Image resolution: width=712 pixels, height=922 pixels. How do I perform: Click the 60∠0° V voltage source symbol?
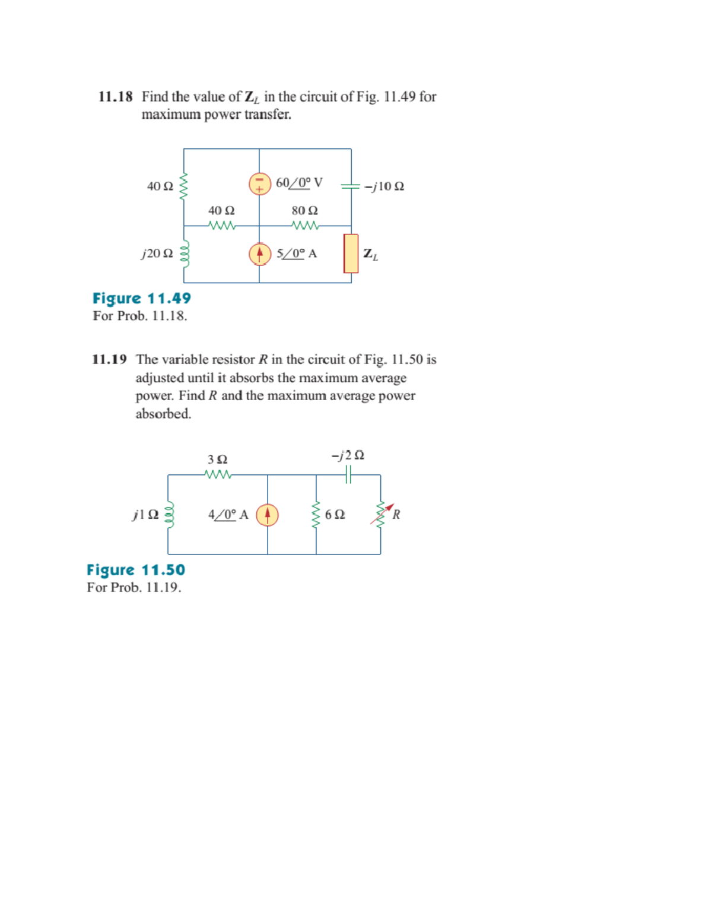[x=259, y=183]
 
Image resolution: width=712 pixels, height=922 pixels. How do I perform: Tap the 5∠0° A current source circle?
[x=259, y=254]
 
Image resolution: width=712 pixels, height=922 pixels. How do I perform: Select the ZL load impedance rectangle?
[x=351, y=254]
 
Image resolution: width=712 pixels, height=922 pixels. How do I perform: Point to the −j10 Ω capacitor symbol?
[x=351, y=186]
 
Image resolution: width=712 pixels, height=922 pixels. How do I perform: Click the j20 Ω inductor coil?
[x=185, y=254]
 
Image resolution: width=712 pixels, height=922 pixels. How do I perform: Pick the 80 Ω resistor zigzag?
[x=306, y=225]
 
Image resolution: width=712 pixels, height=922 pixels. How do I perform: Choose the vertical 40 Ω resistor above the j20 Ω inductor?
[x=183, y=186]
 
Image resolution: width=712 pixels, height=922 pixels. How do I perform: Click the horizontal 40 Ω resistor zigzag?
[x=222, y=225]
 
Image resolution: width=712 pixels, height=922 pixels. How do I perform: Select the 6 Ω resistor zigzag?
[x=316, y=514]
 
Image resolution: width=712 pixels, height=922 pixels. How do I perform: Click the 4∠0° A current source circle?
[x=267, y=515]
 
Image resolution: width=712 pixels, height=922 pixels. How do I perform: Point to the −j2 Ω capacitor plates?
[x=348, y=474]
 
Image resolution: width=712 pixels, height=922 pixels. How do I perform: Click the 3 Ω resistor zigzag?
[x=218, y=474]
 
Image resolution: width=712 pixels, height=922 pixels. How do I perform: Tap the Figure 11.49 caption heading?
[x=142, y=298]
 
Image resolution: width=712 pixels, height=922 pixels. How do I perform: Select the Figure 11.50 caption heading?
[x=136, y=570]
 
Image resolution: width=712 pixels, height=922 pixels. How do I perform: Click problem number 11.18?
[x=115, y=97]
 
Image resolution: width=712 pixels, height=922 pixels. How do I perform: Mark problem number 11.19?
[x=109, y=359]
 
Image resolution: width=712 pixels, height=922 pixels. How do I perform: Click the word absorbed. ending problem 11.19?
[x=163, y=414]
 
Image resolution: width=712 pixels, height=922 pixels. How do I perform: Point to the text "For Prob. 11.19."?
[x=134, y=587]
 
